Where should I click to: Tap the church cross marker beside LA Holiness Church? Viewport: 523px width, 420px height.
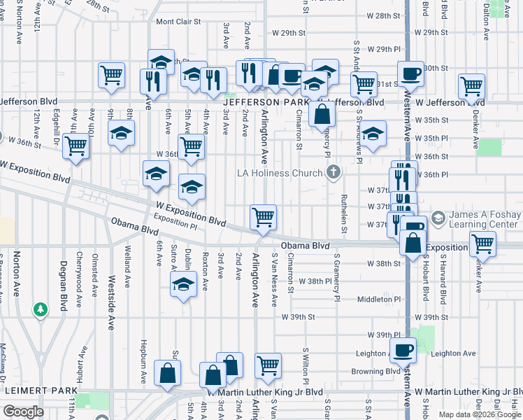334,172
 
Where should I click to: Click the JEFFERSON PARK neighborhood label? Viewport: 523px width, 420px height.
262,102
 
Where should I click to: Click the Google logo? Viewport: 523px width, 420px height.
23,412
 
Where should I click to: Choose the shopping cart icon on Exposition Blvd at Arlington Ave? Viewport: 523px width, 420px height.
263,216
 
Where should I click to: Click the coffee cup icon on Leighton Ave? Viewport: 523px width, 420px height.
403,350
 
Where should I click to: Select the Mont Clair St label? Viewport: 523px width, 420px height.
178,22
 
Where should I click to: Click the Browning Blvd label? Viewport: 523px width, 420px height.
375,372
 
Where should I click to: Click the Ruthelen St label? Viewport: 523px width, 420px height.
343,213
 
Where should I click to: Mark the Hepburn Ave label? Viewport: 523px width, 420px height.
143,366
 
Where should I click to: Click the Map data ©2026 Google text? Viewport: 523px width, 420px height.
480,414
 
